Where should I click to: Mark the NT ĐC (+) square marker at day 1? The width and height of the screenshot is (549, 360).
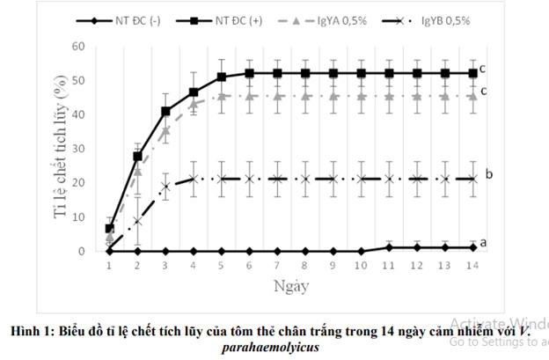(109, 228)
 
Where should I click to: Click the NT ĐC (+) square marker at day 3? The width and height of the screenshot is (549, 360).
(165, 111)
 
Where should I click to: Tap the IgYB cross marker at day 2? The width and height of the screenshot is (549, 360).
(137, 221)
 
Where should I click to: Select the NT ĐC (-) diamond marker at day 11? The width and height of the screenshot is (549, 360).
(389, 247)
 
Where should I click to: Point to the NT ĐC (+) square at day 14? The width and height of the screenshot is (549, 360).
(472, 73)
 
